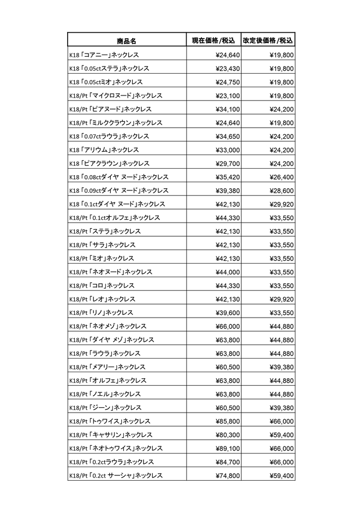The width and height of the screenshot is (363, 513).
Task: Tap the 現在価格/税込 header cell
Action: tap(213, 41)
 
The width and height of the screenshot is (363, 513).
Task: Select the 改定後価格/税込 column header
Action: tap(268, 41)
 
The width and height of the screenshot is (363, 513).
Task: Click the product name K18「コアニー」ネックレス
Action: tap(104, 55)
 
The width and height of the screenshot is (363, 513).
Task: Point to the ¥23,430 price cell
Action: tap(223, 69)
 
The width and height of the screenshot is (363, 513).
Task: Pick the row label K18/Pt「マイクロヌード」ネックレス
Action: tap(116, 96)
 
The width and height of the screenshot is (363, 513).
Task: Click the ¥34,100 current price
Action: tap(223, 109)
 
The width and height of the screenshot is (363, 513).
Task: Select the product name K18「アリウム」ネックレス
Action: tap(104, 150)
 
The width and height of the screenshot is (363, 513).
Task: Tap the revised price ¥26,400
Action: tap(282, 177)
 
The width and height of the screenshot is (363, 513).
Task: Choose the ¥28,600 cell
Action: tap(282, 190)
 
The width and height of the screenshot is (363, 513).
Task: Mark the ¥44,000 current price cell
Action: tap(223, 272)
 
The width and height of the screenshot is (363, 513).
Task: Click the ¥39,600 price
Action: tap(223, 313)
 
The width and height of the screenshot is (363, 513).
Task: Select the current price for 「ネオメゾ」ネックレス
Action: tap(223, 326)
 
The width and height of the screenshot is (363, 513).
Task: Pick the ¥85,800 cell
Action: tap(223, 421)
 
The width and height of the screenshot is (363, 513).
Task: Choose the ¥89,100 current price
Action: tap(223, 449)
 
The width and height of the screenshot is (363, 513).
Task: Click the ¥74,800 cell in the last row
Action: tap(223, 476)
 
